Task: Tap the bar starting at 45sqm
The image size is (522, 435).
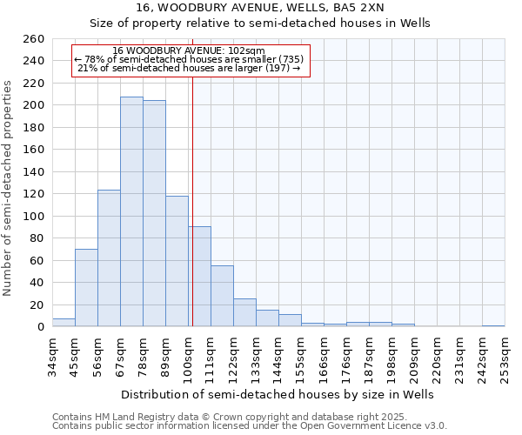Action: (x=86, y=287)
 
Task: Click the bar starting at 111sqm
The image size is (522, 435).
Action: (x=222, y=296)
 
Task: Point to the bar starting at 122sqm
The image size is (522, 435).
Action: (x=244, y=312)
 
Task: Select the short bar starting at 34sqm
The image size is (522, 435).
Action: (x=64, y=323)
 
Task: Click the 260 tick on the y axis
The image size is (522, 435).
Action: (x=34, y=39)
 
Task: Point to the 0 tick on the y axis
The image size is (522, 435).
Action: (x=39, y=327)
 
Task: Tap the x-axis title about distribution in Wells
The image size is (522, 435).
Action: (x=278, y=394)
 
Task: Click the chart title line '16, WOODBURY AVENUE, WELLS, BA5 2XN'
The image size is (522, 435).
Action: (x=278, y=8)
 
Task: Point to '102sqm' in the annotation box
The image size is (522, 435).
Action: (x=248, y=51)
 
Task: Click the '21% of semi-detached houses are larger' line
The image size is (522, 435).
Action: (x=189, y=68)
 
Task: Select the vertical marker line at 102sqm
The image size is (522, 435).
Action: (x=192, y=200)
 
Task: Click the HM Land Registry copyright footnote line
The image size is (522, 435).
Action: (x=200, y=417)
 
